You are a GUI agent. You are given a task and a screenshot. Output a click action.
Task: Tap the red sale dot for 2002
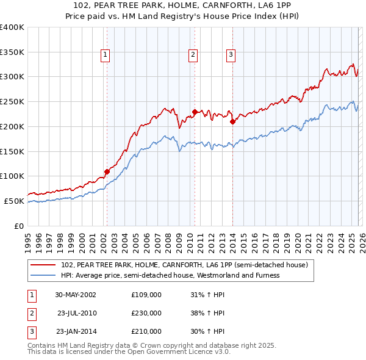107,171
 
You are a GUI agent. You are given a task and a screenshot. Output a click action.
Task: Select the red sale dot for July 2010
195,112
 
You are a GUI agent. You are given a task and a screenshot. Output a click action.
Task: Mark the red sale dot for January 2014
232,121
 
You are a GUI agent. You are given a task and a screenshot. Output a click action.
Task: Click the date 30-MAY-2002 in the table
75,295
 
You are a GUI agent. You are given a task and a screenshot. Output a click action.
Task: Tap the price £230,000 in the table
146,313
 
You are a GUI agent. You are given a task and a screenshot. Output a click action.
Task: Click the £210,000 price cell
146,331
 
